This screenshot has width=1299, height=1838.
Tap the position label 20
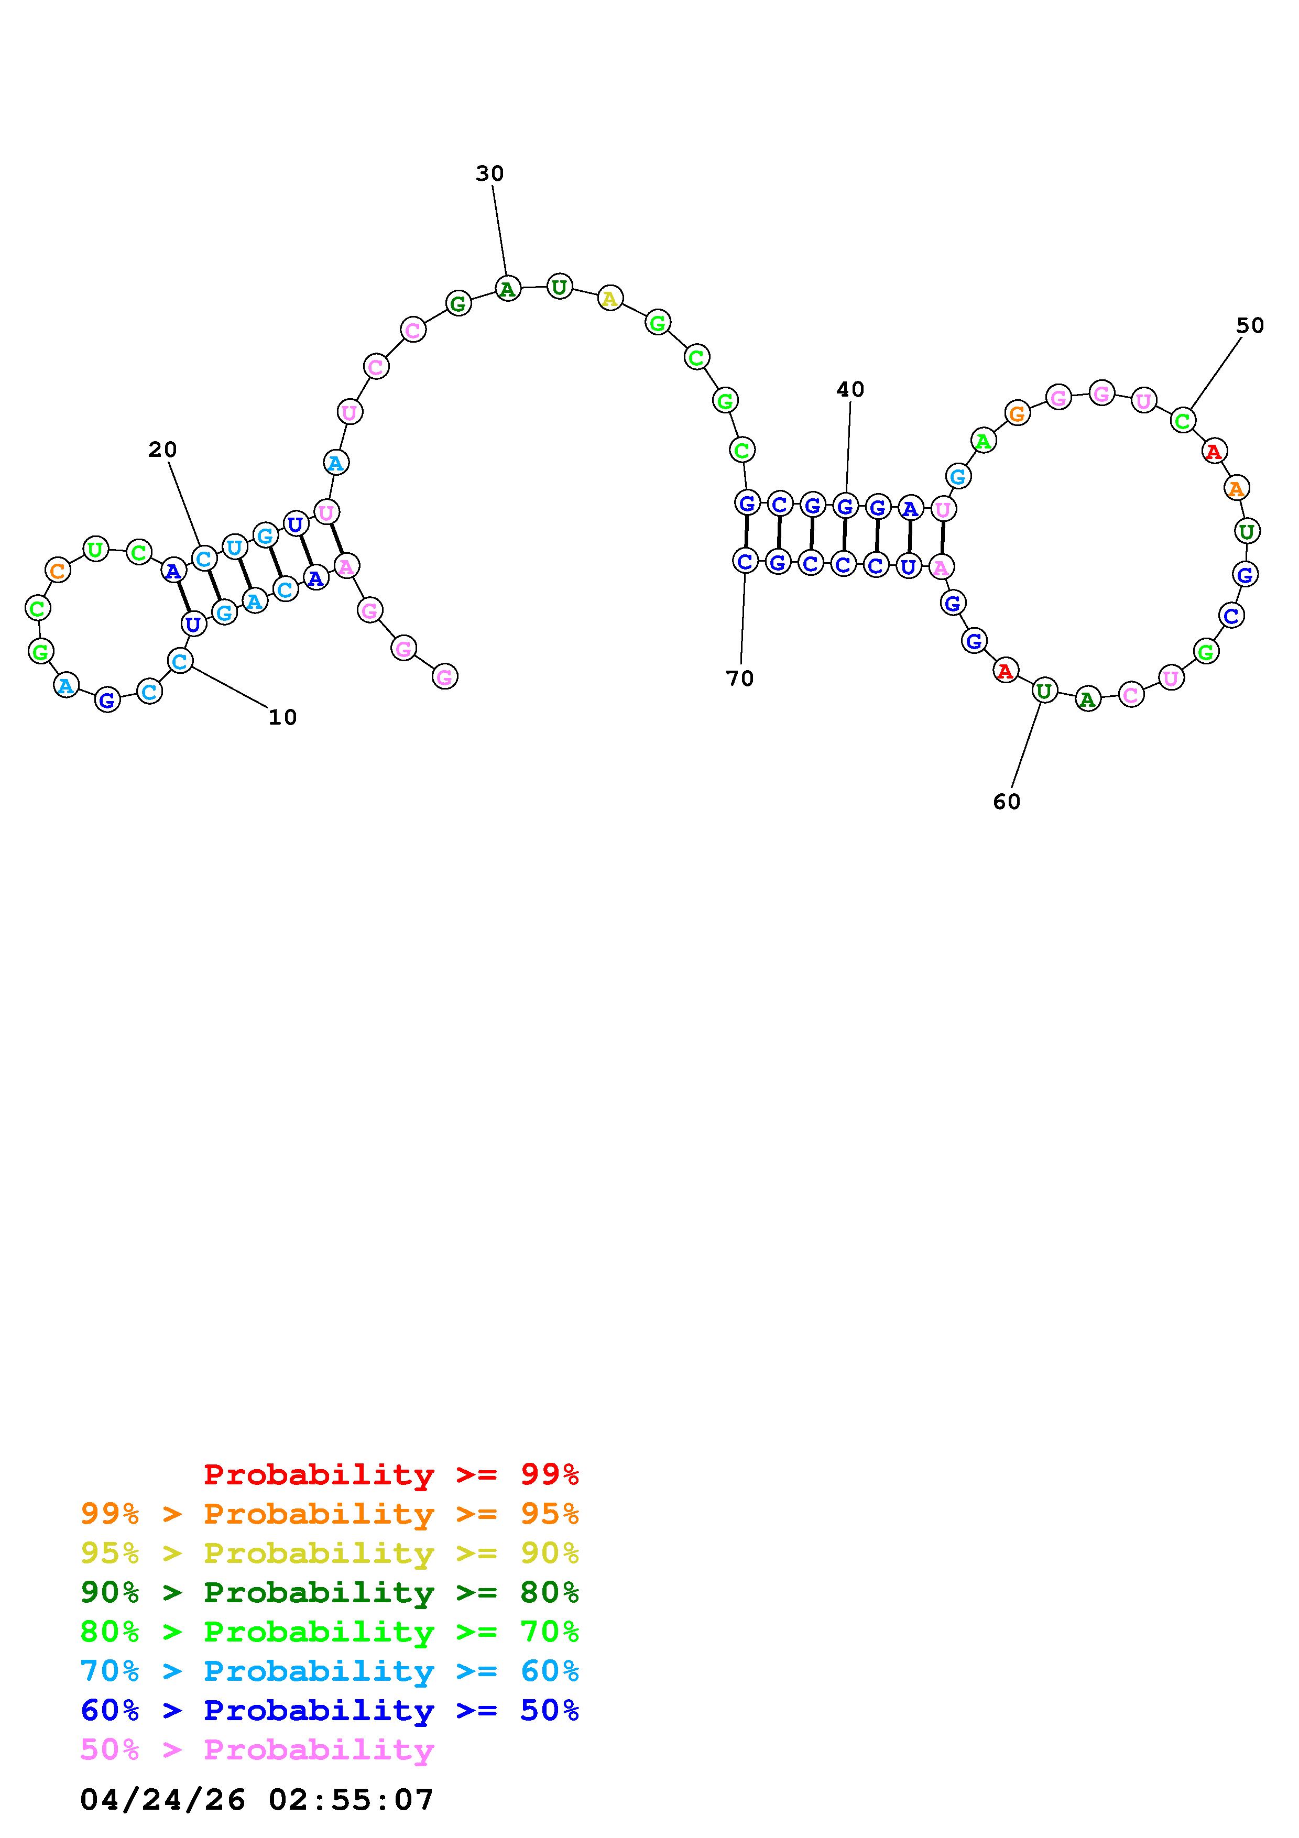[x=162, y=450]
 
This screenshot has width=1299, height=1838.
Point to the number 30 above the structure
[x=490, y=174]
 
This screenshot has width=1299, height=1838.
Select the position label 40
[x=850, y=390]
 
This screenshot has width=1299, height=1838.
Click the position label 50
[x=1249, y=326]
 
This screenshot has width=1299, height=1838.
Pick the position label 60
[x=1006, y=802]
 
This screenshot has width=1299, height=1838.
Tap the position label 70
[x=739, y=679]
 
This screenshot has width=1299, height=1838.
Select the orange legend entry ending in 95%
[x=330, y=1514]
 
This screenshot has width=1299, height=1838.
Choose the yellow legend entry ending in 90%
[x=330, y=1553]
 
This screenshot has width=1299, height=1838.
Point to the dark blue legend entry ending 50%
[x=330, y=1710]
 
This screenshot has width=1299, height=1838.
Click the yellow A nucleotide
[x=610, y=299]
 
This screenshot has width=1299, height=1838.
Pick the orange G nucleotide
[x=1017, y=414]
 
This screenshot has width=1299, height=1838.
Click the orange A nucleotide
[x=1237, y=487]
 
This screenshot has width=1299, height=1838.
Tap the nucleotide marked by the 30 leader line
[x=507, y=288]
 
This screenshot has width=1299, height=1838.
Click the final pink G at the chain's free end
[x=445, y=677]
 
